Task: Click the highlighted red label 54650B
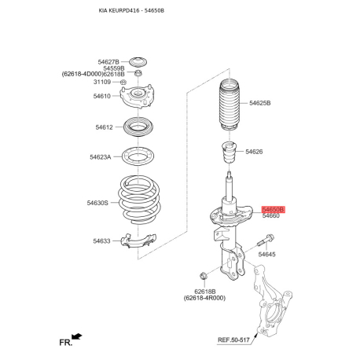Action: point(272,211)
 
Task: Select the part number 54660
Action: point(270,218)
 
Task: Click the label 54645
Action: point(267,255)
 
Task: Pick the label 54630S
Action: point(97,202)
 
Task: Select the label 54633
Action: point(101,241)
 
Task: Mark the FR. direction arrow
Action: point(76,337)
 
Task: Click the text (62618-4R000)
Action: point(204,298)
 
